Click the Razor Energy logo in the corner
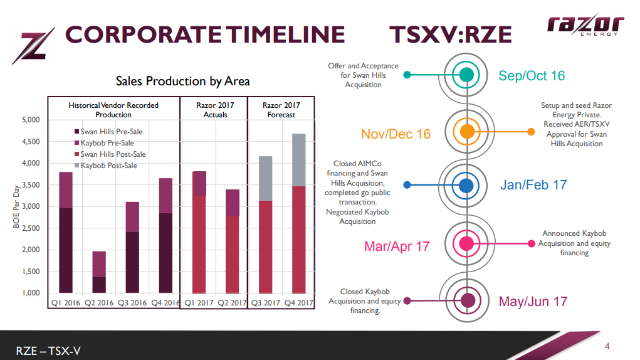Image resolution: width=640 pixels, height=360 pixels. click(x=585, y=26)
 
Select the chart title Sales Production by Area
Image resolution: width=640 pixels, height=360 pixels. click(x=182, y=82)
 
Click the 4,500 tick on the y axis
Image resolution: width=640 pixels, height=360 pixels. click(x=29, y=142)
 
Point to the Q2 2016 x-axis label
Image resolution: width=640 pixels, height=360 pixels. click(x=99, y=303)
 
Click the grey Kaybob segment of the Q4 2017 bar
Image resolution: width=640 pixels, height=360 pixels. click(x=298, y=160)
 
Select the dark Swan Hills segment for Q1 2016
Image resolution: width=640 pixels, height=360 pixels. click(x=65, y=250)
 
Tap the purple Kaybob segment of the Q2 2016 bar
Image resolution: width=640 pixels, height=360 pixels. click(x=99, y=264)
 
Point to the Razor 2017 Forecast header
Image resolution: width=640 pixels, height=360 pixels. click(x=281, y=110)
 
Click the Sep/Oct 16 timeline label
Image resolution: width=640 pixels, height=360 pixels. click(x=532, y=76)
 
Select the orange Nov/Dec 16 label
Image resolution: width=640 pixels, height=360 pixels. click(x=396, y=134)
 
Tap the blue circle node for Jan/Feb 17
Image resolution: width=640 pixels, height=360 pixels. click(x=466, y=186)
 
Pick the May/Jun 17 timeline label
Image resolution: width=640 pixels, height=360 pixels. click(x=533, y=302)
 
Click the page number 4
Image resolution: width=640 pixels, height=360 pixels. click(x=607, y=346)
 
